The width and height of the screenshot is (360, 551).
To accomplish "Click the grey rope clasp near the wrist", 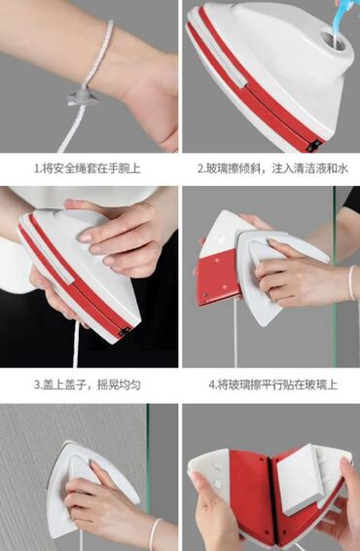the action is pos(83,98).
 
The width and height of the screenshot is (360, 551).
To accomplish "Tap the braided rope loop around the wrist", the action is pos(101,51).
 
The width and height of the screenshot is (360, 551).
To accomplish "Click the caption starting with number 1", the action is pos(88,168).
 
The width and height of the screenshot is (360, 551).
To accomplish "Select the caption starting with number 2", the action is pos(272,168).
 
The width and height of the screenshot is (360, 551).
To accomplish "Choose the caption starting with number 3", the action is pos(88,385).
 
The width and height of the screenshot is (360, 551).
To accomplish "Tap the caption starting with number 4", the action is pos(272,385).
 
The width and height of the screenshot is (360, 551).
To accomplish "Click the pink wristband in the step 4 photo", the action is pos(352,283).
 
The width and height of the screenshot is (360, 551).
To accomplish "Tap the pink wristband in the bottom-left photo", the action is pos(155,533).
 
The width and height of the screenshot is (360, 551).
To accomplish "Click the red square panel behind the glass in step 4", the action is pos(218,276).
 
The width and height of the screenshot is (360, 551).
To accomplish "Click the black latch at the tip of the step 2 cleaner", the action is pos(313,145).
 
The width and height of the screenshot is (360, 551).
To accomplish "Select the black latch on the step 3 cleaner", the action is pos(124,331).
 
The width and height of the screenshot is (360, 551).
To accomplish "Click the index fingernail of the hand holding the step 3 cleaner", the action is pos(85,238).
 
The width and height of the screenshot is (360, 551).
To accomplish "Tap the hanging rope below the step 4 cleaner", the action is pos(235,334).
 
